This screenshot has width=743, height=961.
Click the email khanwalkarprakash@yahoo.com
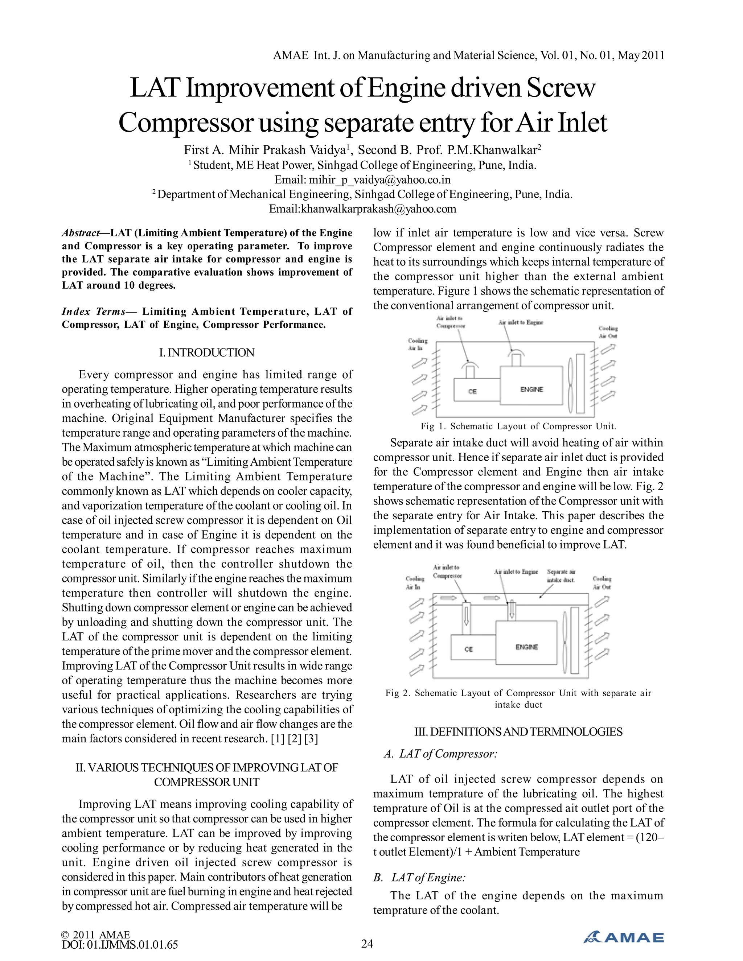coord(362,209)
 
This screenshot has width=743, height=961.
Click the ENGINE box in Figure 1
coord(531,385)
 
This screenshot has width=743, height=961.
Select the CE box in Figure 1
coord(473,391)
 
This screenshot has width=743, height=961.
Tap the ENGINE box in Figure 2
coord(527,647)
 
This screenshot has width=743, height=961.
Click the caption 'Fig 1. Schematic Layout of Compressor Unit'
coord(518,426)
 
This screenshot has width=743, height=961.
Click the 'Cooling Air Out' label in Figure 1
coord(608,332)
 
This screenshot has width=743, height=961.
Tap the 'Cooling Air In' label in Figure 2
coord(415,583)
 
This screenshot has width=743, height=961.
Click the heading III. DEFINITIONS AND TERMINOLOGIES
coord(518,732)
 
